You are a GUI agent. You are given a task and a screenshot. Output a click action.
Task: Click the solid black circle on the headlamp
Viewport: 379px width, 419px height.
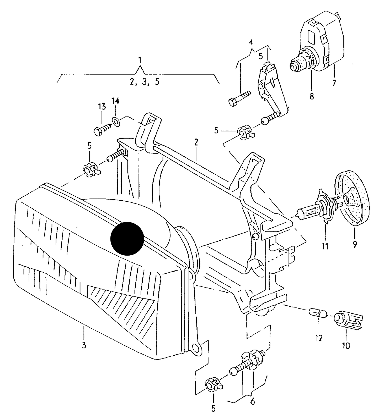click(x=127, y=239)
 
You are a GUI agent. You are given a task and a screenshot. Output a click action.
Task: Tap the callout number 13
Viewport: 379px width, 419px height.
click(x=102, y=107)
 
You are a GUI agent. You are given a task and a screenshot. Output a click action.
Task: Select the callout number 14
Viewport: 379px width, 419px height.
click(x=115, y=101)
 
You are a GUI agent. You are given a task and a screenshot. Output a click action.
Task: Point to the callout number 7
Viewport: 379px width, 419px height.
click(x=334, y=83)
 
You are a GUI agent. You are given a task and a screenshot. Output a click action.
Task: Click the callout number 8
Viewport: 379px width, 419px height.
click(x=312, y=96)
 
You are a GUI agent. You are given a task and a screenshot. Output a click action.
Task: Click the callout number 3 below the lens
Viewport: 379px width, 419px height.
click(x=84, y=345)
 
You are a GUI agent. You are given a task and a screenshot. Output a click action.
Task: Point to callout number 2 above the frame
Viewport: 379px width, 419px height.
click(x=196, y=142)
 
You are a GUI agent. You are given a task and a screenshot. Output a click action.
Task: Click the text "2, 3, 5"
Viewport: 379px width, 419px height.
click(x=145, y=82)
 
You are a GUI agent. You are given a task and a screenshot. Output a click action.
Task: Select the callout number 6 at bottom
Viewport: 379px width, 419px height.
click(x=252, y=401)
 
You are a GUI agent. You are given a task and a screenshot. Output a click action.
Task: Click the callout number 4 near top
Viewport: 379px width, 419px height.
click(x=251, y=42)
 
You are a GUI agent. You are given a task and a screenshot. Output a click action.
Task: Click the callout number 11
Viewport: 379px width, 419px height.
click(x=325, y=246)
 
